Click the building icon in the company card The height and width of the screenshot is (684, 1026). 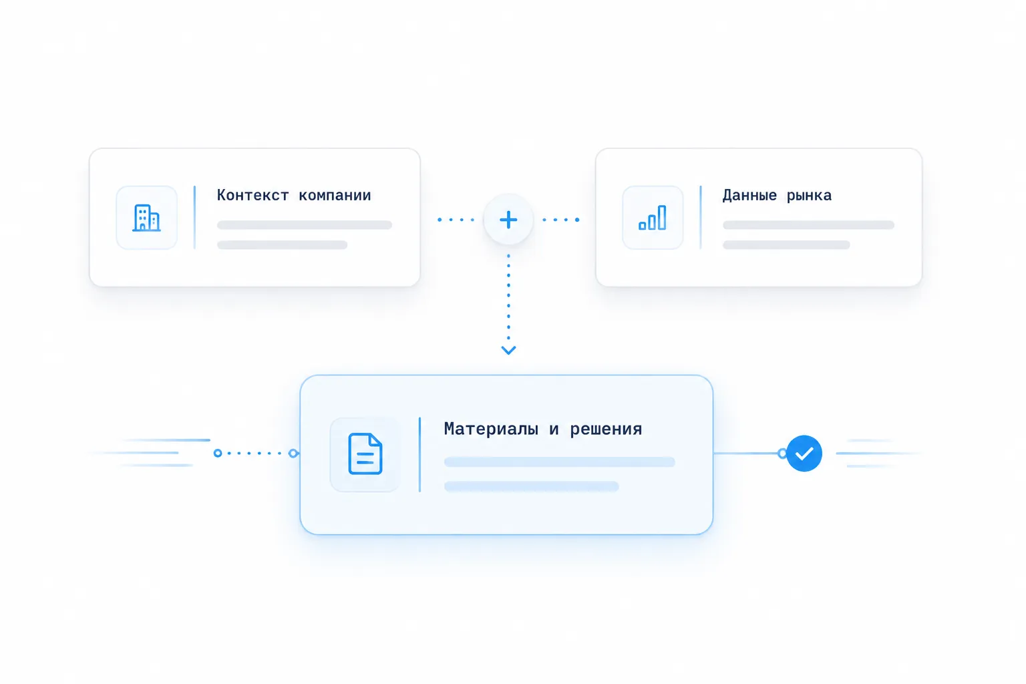point(146,218)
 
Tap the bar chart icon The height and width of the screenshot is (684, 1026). point(653,218)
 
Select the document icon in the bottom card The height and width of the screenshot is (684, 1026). point(365,454)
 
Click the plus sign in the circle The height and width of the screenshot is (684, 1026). point(508,220)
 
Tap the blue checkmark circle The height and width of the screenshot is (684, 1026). point(804,453)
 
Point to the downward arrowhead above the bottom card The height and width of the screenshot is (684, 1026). point(508,350)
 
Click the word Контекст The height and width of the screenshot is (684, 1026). point(253,195)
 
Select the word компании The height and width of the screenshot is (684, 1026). point(335,196)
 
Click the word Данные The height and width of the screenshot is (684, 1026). point(750,196)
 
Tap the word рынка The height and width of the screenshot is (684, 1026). point(809,196)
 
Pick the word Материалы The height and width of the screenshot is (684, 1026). point(491,429)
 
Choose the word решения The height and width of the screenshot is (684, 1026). point(606,430)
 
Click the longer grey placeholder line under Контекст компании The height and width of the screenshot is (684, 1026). point(305,225)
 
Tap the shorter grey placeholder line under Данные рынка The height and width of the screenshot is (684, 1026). point(786,245)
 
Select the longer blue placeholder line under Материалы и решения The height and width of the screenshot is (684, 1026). point(560,462)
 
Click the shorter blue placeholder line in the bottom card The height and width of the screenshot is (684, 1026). point(531,486)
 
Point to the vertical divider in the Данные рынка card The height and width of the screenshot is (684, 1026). point(701,218)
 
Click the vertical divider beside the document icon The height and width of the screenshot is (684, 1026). point(419,454)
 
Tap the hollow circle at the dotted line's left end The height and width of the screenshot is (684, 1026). point(218,453)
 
